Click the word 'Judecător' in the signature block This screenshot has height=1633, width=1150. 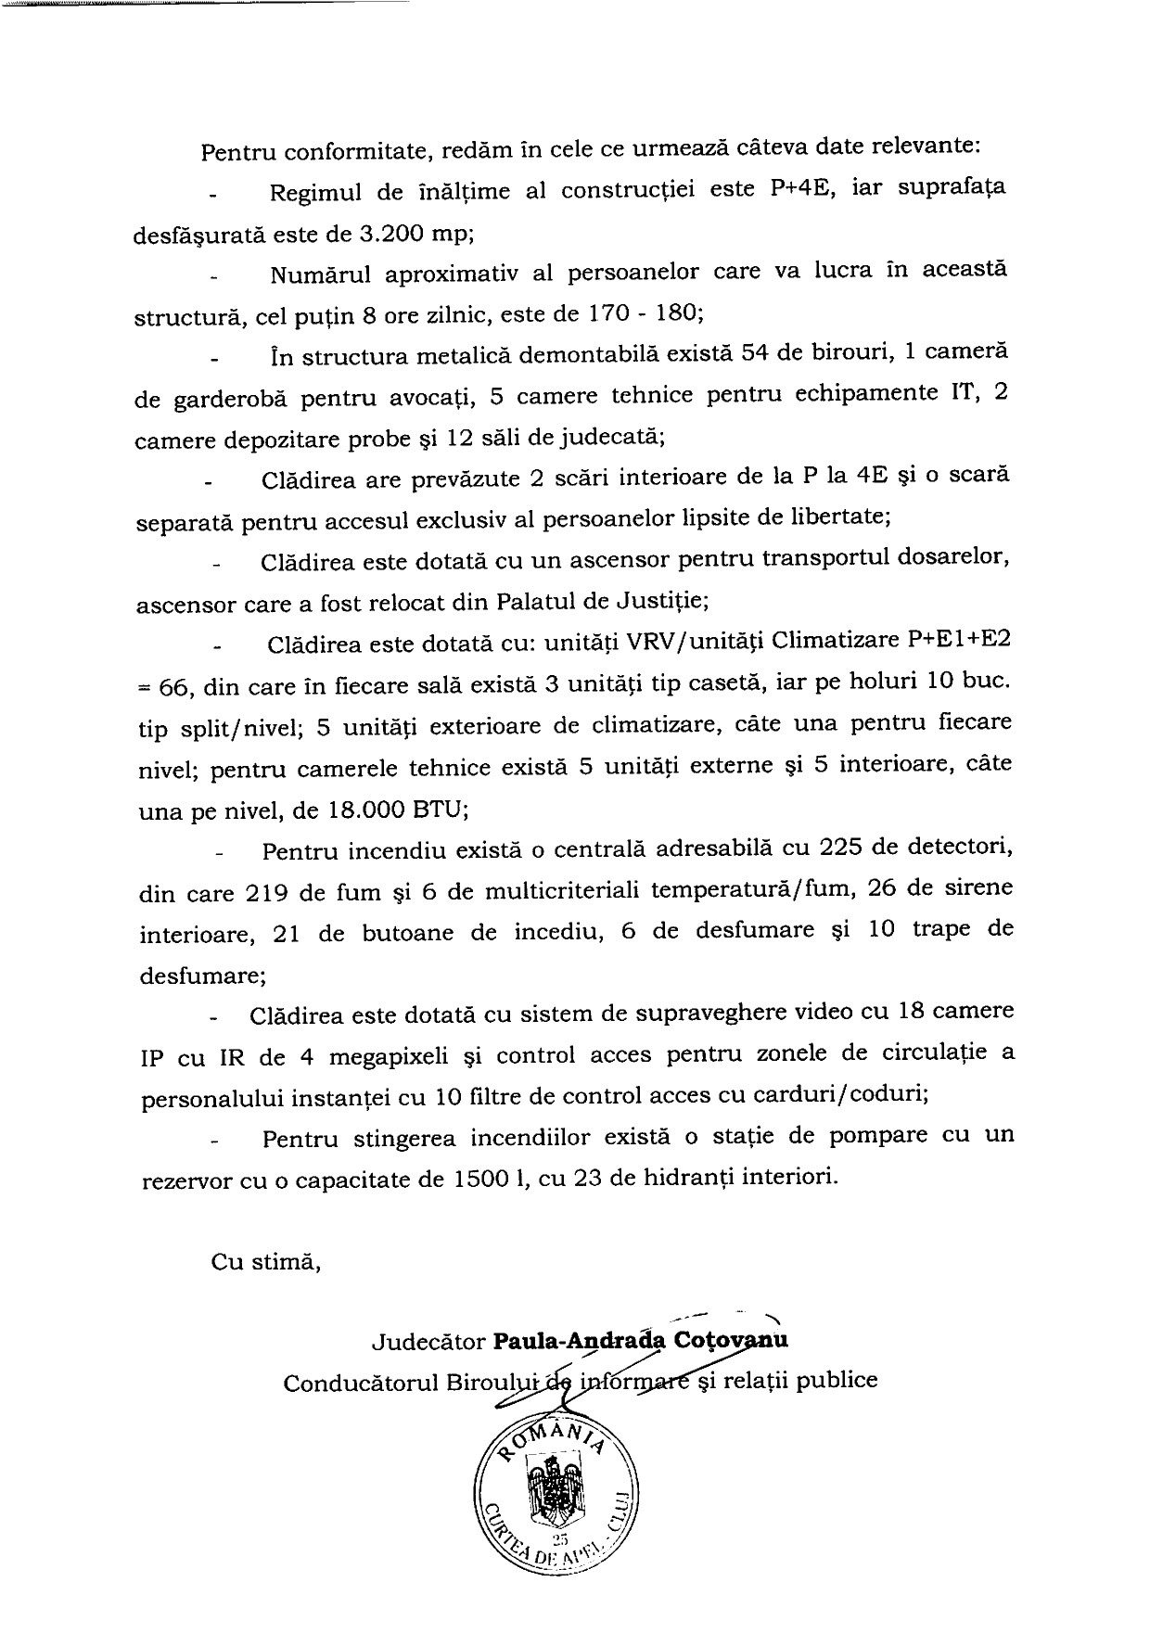[x=427, y=1340]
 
